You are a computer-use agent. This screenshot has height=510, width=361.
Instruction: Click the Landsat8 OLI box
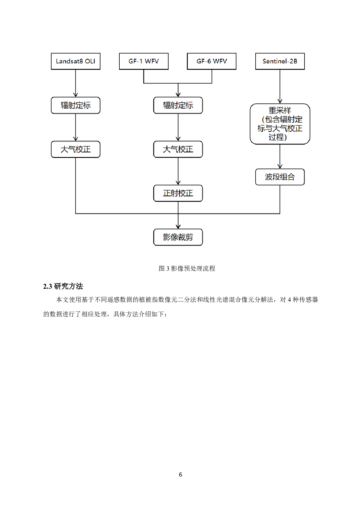coord(75,61)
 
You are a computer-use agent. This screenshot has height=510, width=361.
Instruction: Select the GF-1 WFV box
coord(144,61)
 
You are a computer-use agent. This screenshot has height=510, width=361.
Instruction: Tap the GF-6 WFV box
coord(212,61)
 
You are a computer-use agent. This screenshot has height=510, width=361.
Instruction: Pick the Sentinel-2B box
coord(280,61)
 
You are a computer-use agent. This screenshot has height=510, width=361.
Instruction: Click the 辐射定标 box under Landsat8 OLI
coord(75,105)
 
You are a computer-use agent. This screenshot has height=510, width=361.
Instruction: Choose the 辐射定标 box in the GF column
coord(178,105)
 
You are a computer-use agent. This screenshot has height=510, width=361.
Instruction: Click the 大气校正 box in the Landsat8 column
coord(75,149)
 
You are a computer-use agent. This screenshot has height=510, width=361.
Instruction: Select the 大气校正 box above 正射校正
coord(178,149)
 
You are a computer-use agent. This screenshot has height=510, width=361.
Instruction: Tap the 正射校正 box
coord(178,193)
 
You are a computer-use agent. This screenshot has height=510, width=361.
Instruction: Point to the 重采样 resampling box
coord(280,124)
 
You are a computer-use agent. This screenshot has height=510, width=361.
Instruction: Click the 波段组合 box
coord(280,177)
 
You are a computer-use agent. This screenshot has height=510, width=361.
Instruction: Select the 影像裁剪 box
coord(178,237)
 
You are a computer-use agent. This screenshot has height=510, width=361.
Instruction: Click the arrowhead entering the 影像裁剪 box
coord(178,227)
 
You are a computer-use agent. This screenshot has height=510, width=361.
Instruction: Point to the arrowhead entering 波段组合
coord(280,167)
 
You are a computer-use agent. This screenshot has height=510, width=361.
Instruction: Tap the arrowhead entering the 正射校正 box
coord(178,183)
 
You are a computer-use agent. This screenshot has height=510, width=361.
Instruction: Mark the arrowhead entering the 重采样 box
coord(280,101)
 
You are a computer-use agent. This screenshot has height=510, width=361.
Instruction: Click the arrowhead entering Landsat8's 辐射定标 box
coord(76,95)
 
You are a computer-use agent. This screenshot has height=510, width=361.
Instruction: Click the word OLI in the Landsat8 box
coord(90,61)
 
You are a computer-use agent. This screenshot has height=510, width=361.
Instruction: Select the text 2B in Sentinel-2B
coord(293,61)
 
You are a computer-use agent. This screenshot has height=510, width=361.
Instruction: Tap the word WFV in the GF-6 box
coord(220,61)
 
